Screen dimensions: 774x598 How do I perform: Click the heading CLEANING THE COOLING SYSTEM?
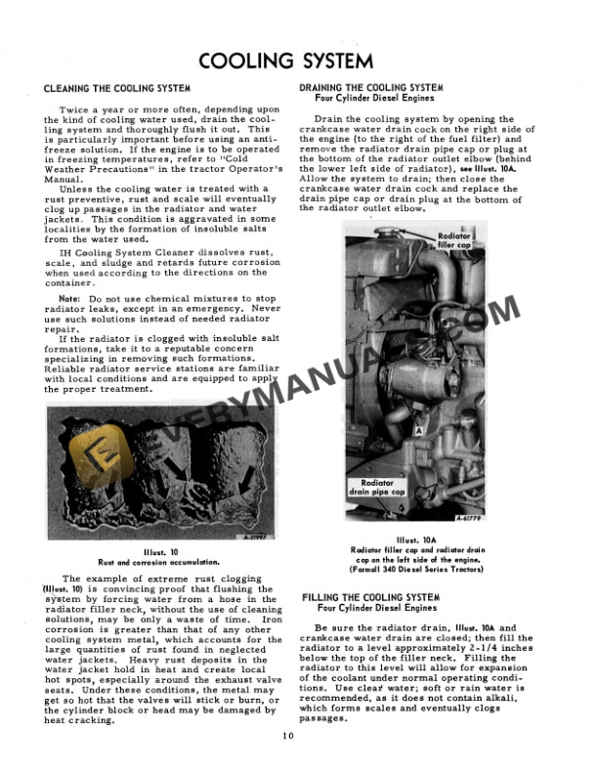(117, 88)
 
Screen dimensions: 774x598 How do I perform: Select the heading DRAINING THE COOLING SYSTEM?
(371, 87)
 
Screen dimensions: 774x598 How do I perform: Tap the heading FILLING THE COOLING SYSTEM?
(370, 597)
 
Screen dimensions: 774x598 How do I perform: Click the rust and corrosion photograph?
(149, 473)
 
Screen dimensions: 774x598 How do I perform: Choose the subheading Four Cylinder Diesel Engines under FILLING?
(376, 609)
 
